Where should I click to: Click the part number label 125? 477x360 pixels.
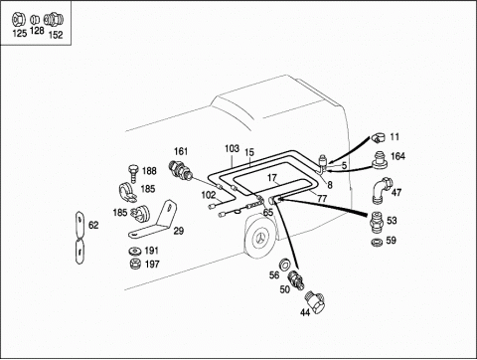pyautogui.click(x=19, y=34)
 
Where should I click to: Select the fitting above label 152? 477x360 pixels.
pyautogui.click(x=54, y=20)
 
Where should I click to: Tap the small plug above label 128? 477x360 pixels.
pyautogui.click(x=35, y=20)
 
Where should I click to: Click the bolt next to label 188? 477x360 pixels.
pyautogui.click(x=133, y=173)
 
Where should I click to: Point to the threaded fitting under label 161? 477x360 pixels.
pyautogui.click(x=180, y=169)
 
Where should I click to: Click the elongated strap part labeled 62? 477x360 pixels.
pyautogui.click(x=79, y=238)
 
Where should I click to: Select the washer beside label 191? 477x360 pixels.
pyautogui.click(x=135, y=251)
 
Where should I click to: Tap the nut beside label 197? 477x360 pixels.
pyautogui.click(x=135, y=264)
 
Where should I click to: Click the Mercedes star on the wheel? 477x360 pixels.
pyautogui.click(x=260, y=239)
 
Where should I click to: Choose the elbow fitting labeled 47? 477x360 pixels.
pyautogui.click(x=383, y=191)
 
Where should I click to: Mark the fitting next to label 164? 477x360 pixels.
pyautogui.click(x=380, y=160)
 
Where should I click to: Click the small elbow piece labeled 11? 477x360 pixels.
pyautogui.click(x=378, y=137)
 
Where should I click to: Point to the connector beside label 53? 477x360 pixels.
pyautogui.click(x=377, y=222)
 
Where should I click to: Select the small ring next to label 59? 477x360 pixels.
pyautogui.click(x=377, y=242)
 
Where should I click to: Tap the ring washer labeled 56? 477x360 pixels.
pyautogui.click(x=284, y=264)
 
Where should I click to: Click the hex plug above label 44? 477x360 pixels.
pyautogui.click(x=316, y=301)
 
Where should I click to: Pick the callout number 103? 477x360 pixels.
pyautogui.click(x=232, y=149)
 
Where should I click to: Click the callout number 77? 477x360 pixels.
pyautogui.click(x=322, y=199)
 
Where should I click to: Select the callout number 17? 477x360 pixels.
pyautogui.click(x=272, y=178)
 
